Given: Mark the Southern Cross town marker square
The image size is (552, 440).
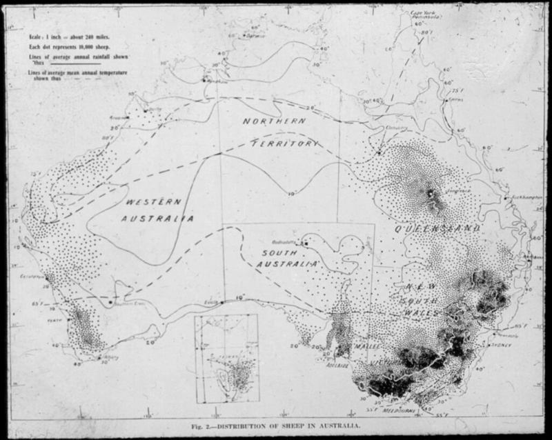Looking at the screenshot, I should pyautogui.click(x=110, y=301).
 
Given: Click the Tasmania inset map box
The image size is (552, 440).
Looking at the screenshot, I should pyautogui.click(x=226, y=358).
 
